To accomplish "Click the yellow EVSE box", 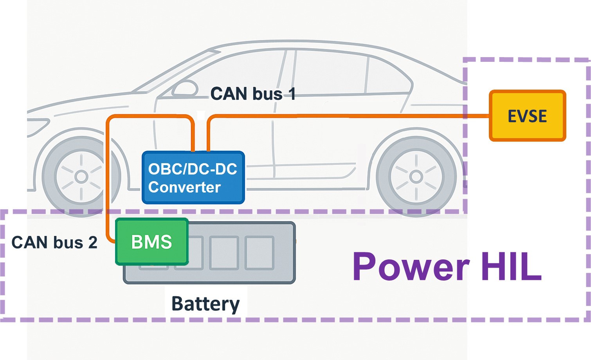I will tap(527, 116).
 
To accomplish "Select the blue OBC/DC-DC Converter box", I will tap(193, 178).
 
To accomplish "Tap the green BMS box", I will tap(152, 241).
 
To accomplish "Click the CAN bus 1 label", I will tap(252, 94).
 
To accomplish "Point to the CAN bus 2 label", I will tap(54, 243).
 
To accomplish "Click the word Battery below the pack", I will tap(205, 304).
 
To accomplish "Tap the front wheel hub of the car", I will tap(81, 177).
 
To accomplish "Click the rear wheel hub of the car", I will tap(416, 177).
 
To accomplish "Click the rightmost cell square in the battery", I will tap(259, 253).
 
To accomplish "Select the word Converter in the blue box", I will tap(184, 187).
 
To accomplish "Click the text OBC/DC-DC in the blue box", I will tap(193, 169).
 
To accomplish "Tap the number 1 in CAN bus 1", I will tap(292, 94).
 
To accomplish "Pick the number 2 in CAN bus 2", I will tap(93, 243).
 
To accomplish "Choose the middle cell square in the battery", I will tap(224, 253).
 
